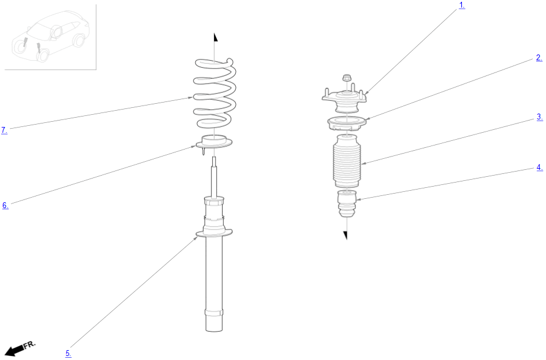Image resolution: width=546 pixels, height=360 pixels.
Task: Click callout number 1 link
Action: click(462, 6)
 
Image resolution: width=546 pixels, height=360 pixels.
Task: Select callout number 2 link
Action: click(539, 58)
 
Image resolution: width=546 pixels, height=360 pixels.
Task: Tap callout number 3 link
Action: click(540, 117)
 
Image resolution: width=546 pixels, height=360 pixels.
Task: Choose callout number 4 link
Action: click(540, 168)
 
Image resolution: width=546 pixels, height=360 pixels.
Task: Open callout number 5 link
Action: click(68, 354)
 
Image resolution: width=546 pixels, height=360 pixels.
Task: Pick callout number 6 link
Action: click(5, 205)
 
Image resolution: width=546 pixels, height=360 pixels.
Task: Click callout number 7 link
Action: click(4, 130)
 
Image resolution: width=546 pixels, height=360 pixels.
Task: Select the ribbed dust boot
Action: click(347, 161)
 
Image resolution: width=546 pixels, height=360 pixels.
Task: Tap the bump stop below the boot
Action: click(347, 203)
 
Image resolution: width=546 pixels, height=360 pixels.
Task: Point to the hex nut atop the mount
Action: click(346, 78)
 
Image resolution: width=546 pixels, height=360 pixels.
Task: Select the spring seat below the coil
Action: click(214, 143)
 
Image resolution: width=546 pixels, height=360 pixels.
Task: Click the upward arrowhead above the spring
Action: click(216, 37)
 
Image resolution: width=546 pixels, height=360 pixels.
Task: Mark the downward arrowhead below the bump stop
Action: click(345, 235)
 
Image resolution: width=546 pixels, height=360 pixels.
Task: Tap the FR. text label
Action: click(30, 345)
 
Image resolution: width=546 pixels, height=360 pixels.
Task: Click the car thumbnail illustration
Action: click(50, 37)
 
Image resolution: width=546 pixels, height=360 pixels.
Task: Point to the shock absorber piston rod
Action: click(214, 177)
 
